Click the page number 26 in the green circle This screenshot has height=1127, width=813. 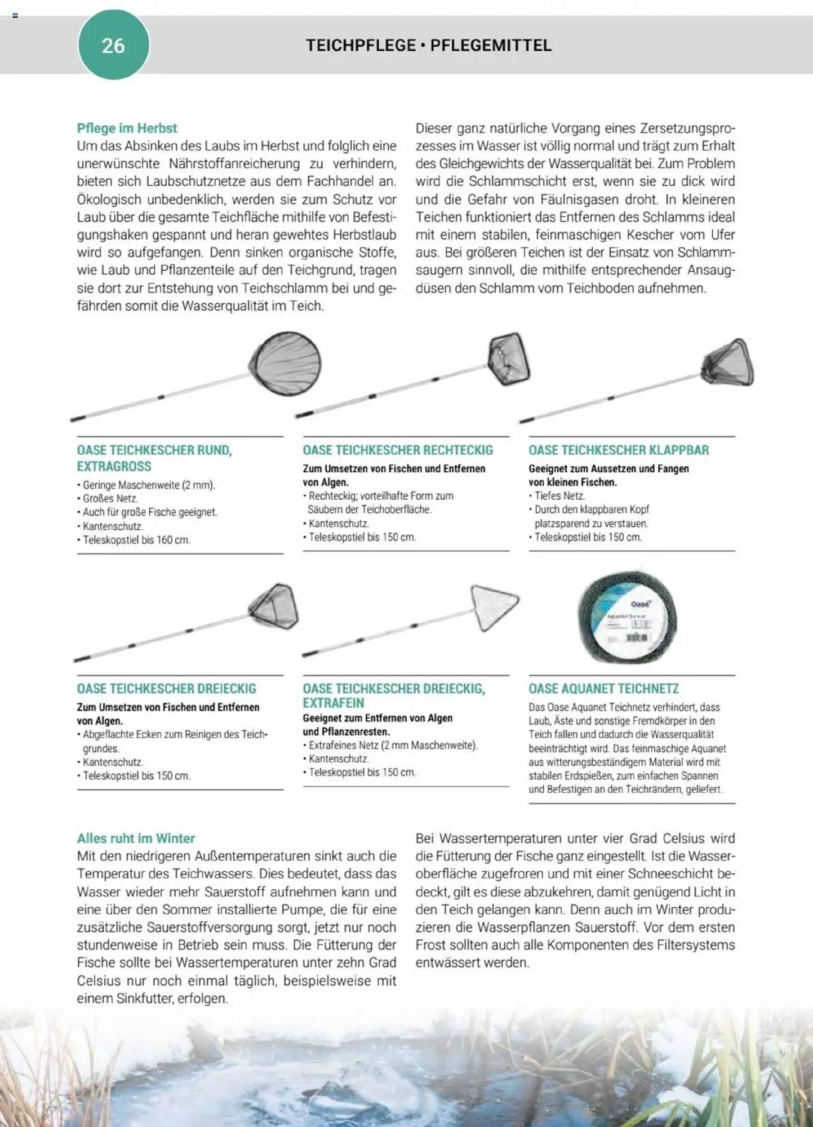click(113, 46)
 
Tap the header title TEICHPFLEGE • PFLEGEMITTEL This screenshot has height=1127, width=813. click(428, 46)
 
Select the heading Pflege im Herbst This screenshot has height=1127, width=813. click(127, 128)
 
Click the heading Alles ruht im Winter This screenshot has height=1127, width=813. click(136, 838)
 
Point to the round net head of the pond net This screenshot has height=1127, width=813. click(286, 363)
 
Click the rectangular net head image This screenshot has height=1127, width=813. click(509, 358)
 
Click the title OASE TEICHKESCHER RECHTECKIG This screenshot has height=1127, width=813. click(398, 450)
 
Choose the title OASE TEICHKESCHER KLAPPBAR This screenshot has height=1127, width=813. click(619, 450)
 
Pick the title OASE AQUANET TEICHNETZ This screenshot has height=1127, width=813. click(603, 689)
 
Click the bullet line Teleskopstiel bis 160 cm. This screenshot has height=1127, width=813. click(136, 540)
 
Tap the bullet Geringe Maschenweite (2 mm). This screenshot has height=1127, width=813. click(149, 485)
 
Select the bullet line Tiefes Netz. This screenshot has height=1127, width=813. click(559, 496)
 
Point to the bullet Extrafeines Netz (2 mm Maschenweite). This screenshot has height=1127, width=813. click(393, 746)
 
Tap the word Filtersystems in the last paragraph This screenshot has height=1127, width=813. click(696, 945)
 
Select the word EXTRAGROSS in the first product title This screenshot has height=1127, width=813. click(114, 467)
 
